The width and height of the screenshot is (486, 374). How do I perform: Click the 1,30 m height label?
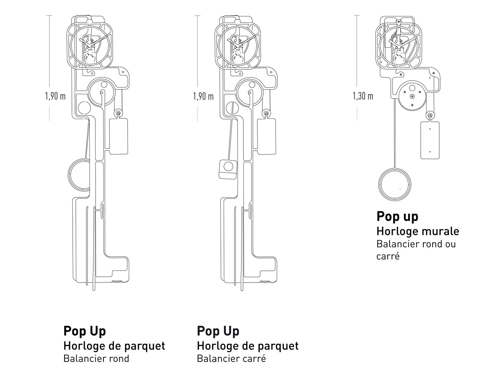(x=363, y=96)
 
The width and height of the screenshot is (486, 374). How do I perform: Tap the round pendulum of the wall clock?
(x=395, y=185)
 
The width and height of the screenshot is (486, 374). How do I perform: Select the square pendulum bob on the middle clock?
(x=228, y=169)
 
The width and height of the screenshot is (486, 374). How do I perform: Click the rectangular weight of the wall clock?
(x=430, y=140)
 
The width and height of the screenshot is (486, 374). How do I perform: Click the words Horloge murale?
(x=418, y=231)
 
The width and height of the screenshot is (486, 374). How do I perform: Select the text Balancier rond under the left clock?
(x=96, y=358)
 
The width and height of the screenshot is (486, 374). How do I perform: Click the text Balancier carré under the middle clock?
(x=231, y=358)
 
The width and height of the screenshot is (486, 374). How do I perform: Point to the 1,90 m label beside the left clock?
(x=55, y=96)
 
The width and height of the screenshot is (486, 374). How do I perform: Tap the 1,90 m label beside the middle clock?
(x=203, y=96)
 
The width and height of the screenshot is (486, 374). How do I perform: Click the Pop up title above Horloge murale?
(x=397, y=216)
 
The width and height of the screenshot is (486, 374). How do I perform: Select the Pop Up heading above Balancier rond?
(x=84, y=331)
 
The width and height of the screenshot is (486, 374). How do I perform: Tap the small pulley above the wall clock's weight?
(x=430, y=115)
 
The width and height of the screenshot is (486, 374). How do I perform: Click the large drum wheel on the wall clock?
(x=411, y=95)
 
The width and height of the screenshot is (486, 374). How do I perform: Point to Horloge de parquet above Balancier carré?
(x=247, y=346)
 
